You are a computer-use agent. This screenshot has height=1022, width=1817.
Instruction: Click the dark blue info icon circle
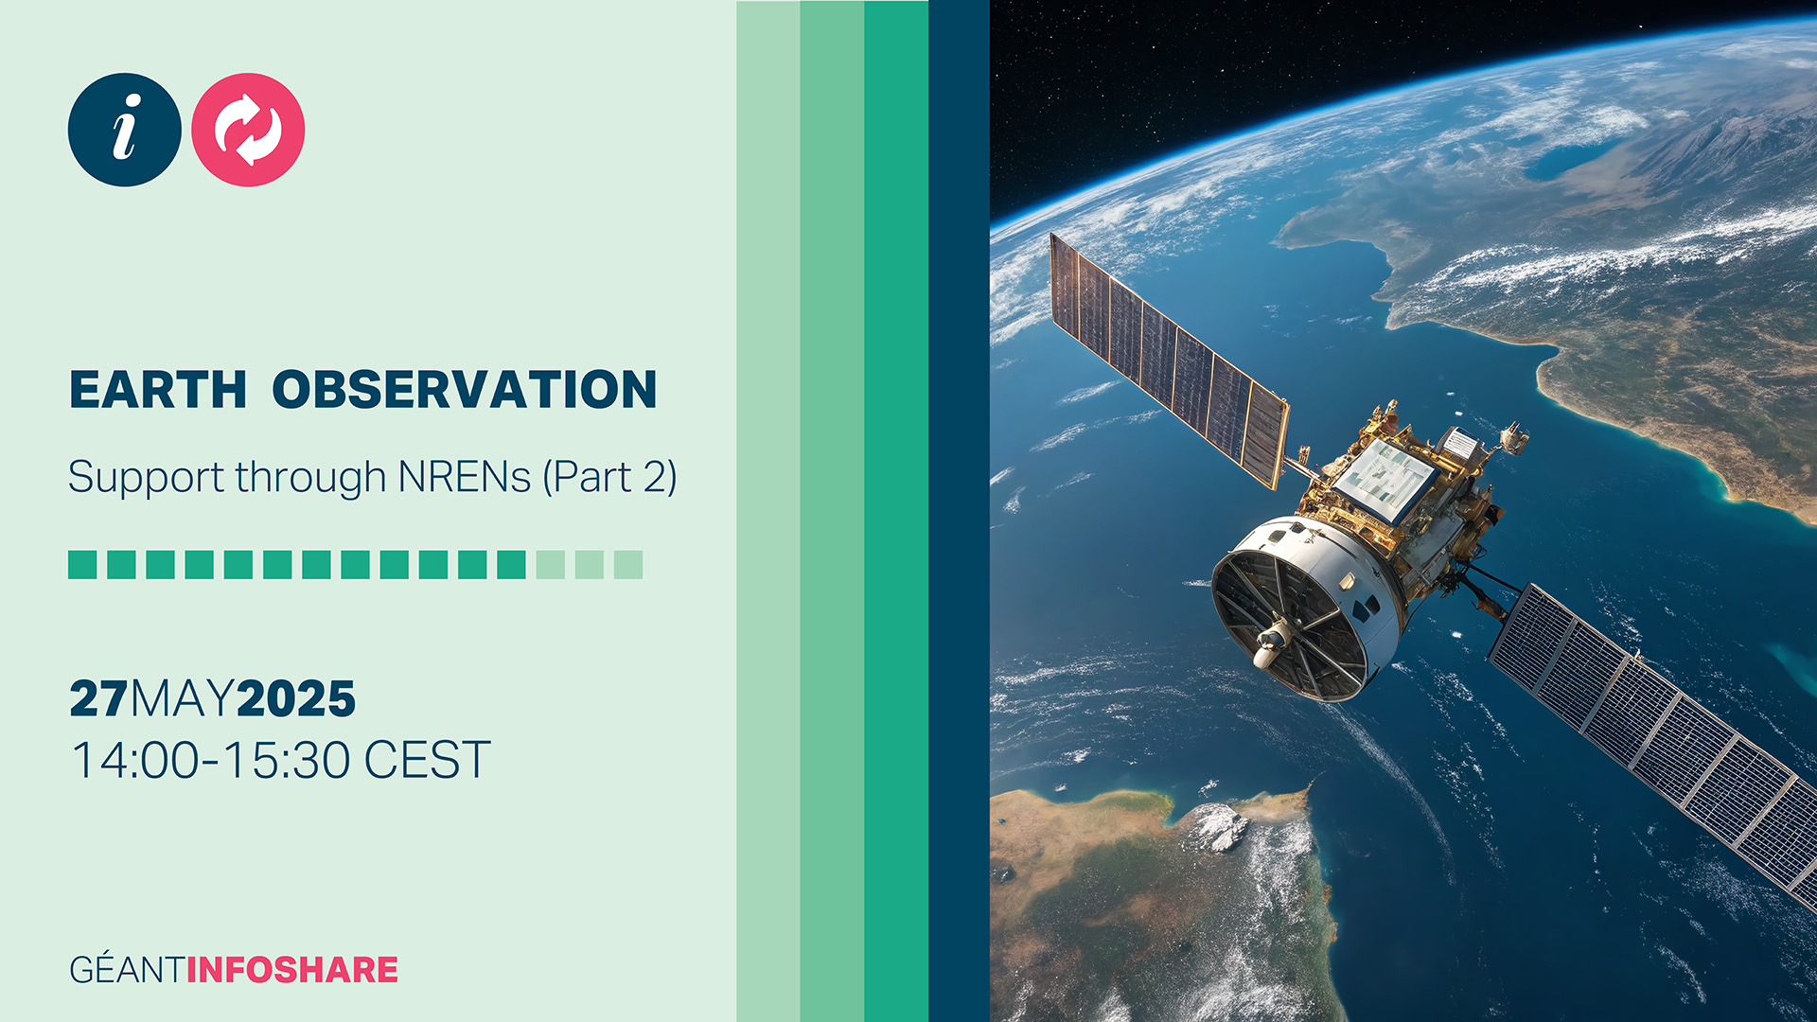click(x=124, y=130)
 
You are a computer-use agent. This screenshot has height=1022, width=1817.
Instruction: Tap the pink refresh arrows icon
click(x=248, y=130)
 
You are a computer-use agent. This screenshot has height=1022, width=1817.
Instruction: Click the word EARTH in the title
click(x=158, y=390)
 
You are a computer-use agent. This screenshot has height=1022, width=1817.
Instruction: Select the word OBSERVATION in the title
click(x=464, y=390)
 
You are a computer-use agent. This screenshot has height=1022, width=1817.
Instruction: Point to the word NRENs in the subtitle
click(x=464, y=477)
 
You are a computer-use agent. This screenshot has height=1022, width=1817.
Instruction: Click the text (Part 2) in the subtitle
click(x=609, y=477)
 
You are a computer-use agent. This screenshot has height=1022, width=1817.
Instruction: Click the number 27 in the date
click(x=98, y=699)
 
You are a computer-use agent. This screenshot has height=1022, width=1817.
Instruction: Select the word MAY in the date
click(x=182, y=699)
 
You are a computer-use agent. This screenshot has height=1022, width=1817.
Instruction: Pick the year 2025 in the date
click(x=296, y=699)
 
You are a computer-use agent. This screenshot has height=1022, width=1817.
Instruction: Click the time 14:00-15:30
click(x=210, y=760)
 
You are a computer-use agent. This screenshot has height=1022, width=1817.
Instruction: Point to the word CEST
click(x=427, y=760)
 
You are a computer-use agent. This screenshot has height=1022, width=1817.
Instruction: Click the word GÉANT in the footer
click(x=127, y=970)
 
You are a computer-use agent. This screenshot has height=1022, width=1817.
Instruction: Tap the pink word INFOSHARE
click(x=292, y=970)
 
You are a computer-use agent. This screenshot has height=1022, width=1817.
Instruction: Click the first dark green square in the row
click(x=82, y=565)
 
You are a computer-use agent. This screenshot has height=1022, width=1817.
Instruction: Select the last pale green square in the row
click(x=628, y=565)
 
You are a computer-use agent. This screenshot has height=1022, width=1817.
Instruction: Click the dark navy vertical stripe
click(x=959, y=511)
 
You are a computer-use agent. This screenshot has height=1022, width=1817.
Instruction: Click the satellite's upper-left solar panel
click(x=1170, y=360)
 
